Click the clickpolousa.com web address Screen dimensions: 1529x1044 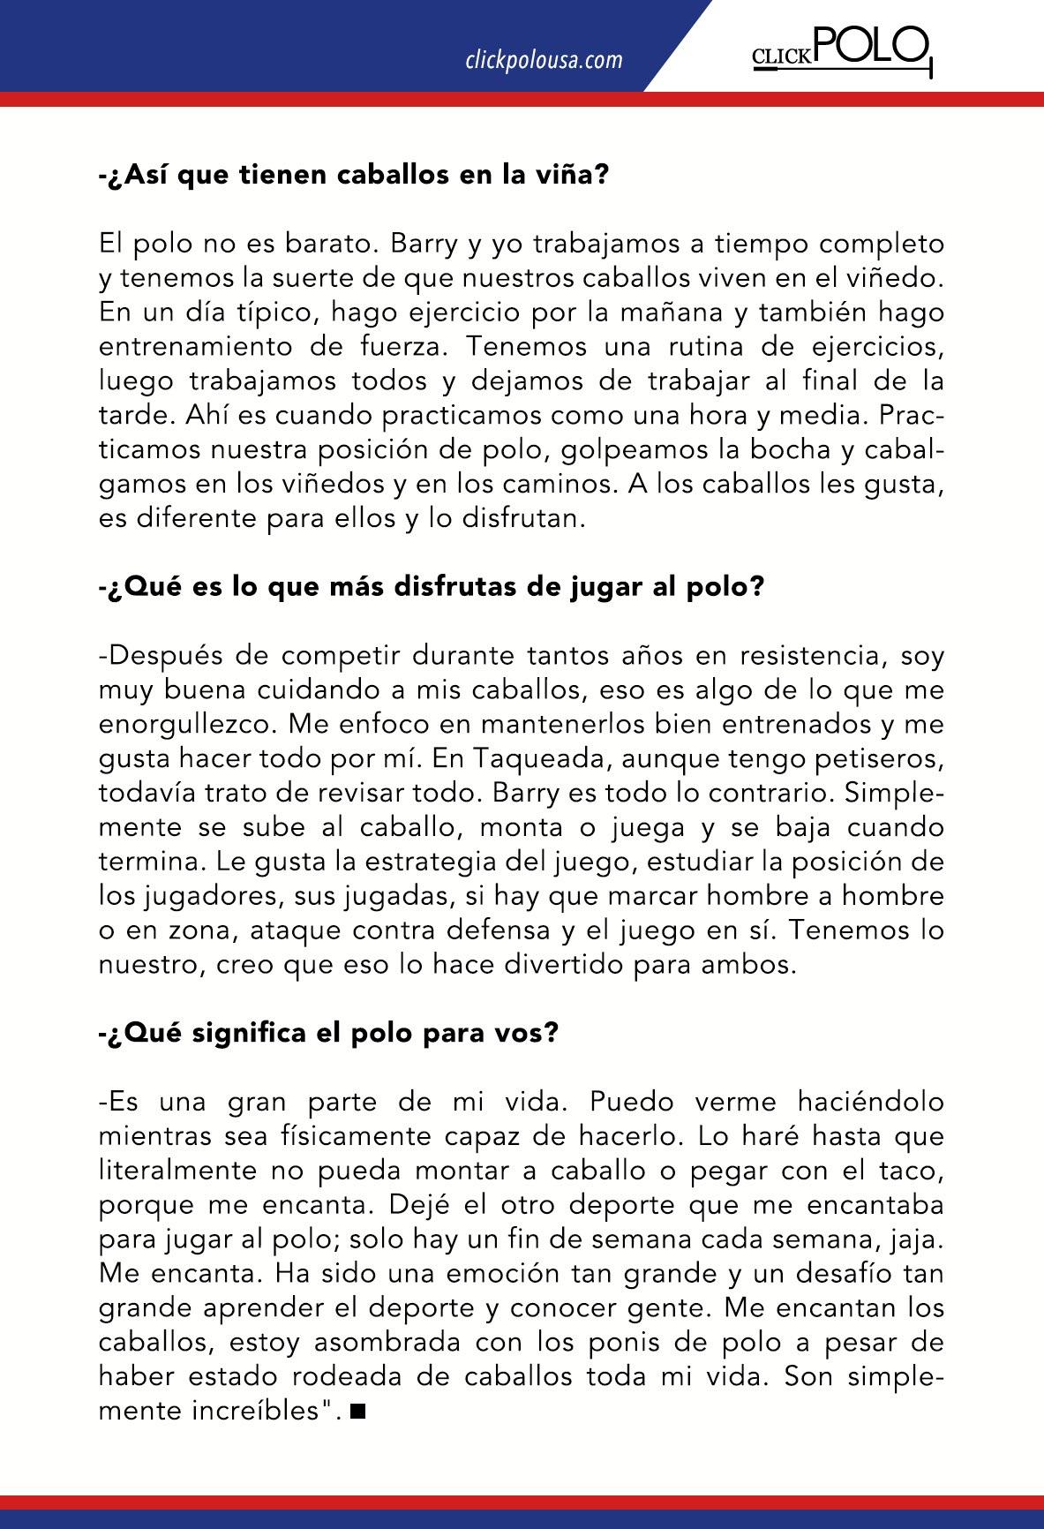pos(544,60)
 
